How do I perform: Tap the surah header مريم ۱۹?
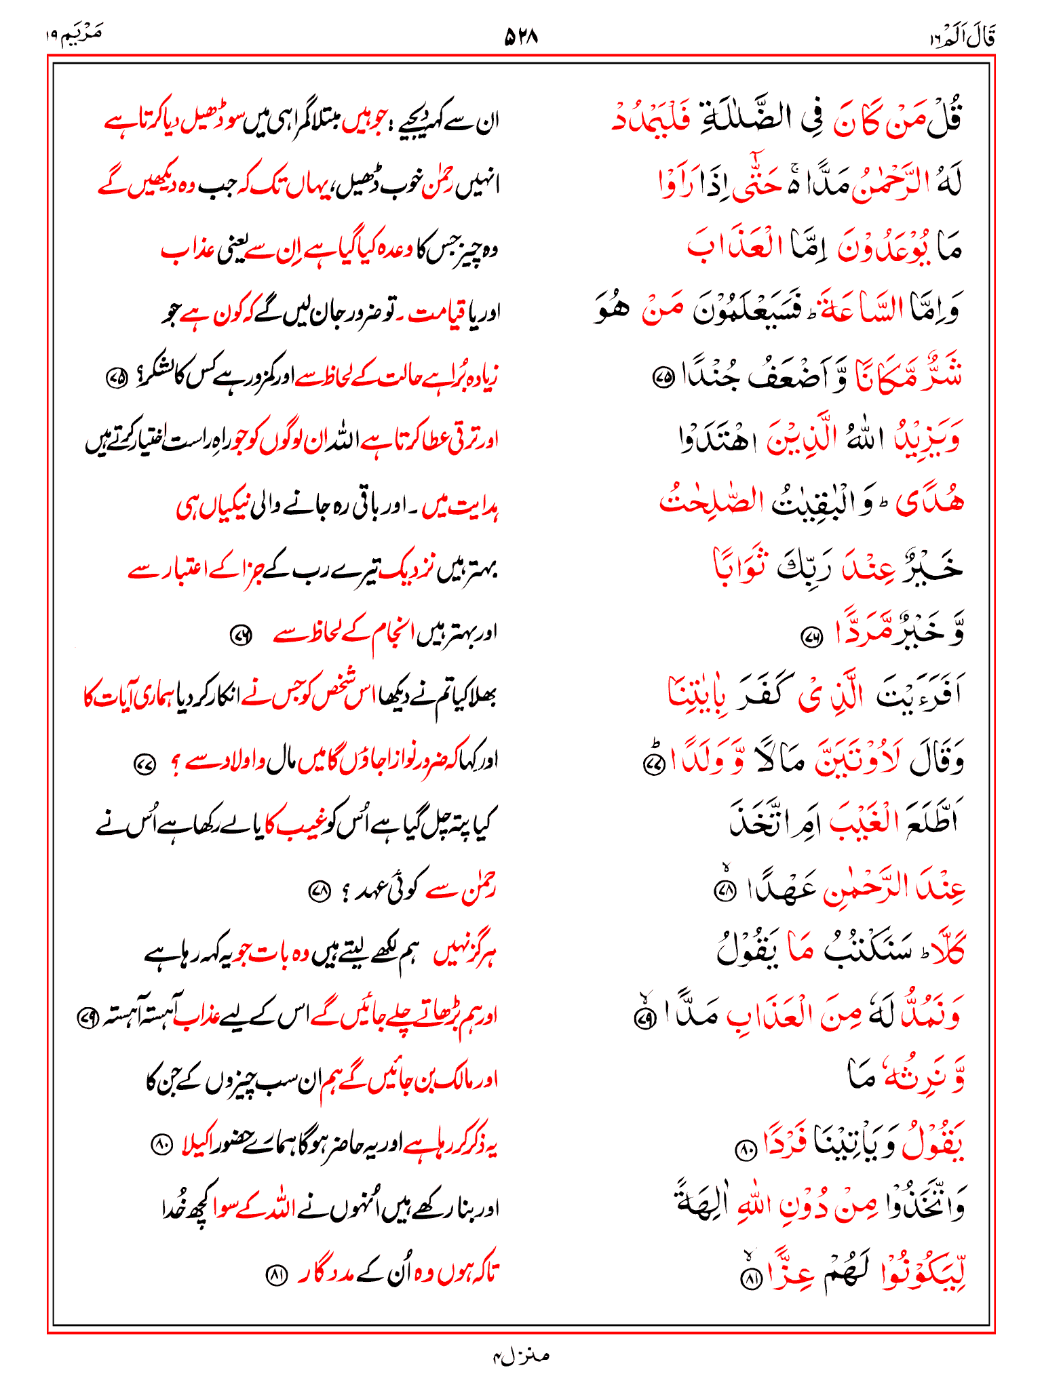tap(74, 35)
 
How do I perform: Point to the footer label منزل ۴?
tap(520, 1356)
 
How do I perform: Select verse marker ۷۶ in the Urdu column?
tap(241, 635)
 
